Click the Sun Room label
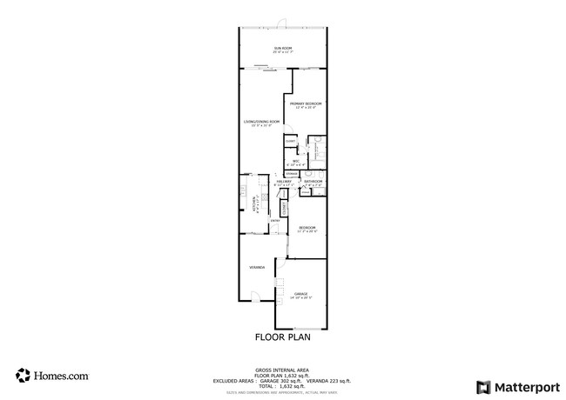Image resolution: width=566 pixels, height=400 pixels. [x=283, y=48]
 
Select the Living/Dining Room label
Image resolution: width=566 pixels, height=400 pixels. [x=261, y=122]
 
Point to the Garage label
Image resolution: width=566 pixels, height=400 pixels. [x=300, y=294]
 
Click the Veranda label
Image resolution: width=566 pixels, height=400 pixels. [x=257, y=267]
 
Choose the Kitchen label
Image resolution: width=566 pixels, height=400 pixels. [x=254, y=204]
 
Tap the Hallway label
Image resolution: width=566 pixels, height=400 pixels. [x=284, y=182]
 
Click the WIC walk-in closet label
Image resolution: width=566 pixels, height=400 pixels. [x=295, y=161]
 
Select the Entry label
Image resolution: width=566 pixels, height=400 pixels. [x=274, y=221]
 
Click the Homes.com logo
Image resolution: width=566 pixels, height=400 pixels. [x=52, y=377]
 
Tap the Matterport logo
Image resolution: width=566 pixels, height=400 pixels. [x=515, y=385]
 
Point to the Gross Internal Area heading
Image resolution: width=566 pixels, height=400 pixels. [x=283, y=369]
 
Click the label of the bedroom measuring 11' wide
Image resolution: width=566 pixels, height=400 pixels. [x=307, y=228]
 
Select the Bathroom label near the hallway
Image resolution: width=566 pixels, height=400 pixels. [x=313, y=181]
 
